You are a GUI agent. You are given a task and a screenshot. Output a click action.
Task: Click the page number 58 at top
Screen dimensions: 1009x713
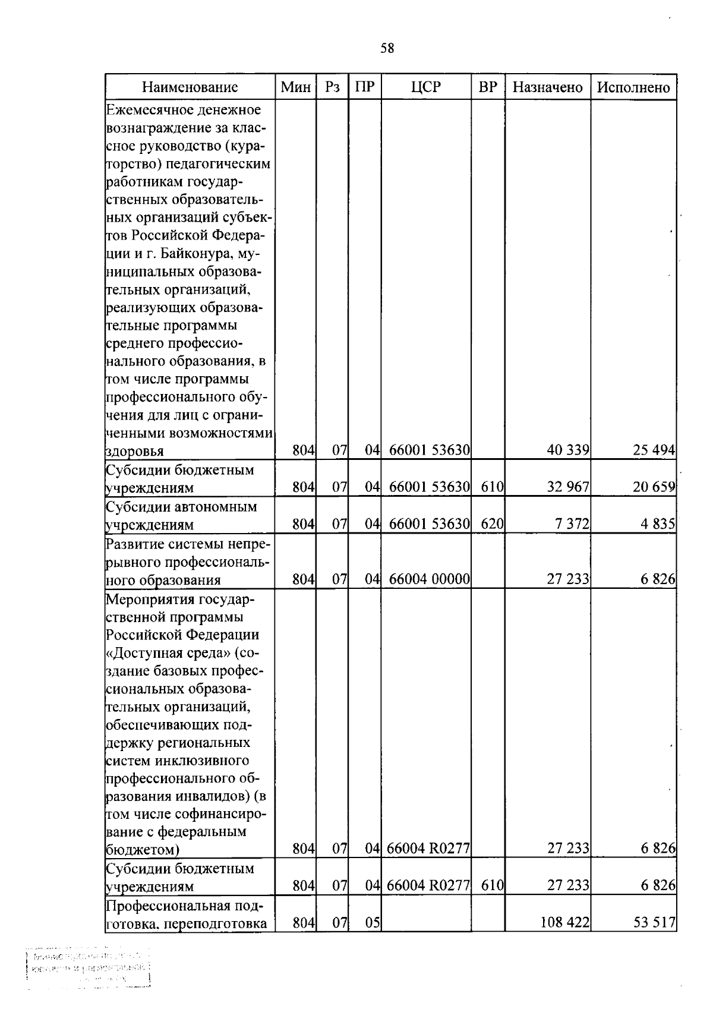point(387,49)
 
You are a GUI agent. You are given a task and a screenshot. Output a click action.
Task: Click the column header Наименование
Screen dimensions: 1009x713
point(190,87)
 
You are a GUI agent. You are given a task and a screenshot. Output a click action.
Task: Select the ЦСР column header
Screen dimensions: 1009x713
point(426,87)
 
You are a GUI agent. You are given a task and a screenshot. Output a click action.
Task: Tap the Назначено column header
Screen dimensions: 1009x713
point(547,87)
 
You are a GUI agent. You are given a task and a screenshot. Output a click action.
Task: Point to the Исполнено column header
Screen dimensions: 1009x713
point(633,87)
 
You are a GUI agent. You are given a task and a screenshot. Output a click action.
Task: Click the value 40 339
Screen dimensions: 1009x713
point(567,450)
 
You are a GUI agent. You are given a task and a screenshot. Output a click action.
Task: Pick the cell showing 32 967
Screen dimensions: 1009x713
point(567,487)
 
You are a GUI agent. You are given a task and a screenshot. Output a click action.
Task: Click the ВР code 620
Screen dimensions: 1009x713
point(492,524)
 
